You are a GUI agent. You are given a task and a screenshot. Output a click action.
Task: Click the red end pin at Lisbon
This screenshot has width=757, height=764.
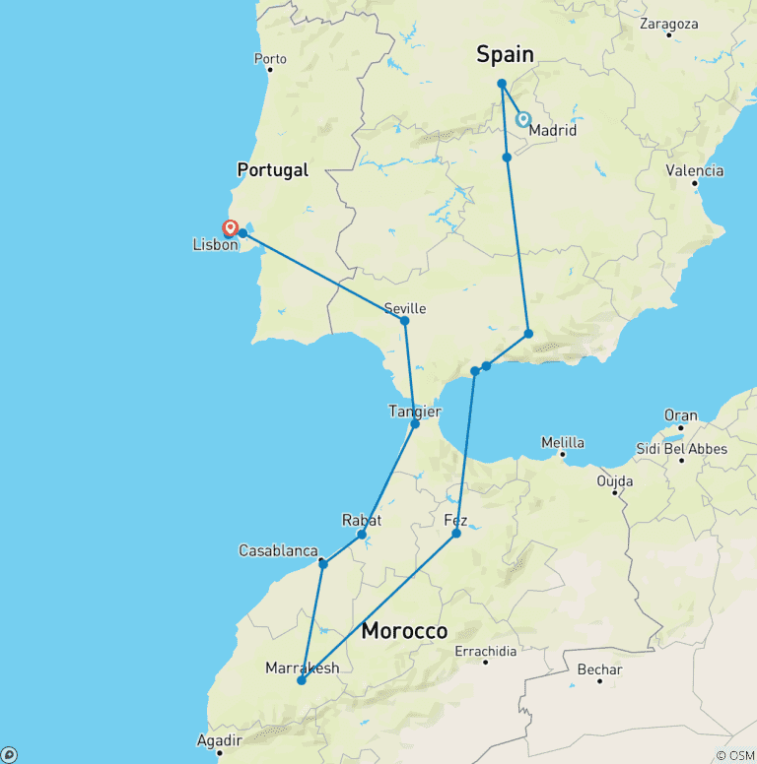(x=231, y=228)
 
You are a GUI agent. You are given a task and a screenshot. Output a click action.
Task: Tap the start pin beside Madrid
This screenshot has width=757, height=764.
(x=523, y=119)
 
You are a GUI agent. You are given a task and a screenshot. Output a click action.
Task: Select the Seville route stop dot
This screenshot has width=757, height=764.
(x=404, y=320)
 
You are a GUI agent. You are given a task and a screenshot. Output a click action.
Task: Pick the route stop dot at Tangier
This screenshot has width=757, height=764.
(x=415, y=423)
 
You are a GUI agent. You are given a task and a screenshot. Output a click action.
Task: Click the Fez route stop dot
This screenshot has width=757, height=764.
(x=456, y=534)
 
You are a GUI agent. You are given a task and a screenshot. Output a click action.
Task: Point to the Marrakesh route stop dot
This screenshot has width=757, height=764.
(x=302, y=680)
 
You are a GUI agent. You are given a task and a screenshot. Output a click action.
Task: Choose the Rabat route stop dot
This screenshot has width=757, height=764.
(x=362, y=535)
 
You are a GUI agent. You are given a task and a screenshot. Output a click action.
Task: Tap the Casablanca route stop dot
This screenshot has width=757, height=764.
(x=322, y=564)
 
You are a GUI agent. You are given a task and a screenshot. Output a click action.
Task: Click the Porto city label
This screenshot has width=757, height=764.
(x=270, y=59)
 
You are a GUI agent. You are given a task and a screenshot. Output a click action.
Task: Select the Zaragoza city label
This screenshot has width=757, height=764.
(x=669, y=23)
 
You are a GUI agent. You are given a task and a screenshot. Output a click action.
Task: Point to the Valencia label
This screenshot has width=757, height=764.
(x=695, y=171)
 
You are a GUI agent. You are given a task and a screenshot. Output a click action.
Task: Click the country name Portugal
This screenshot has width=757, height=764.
(x=272, y=170)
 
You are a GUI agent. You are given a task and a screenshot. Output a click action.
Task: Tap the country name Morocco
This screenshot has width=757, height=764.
(x=404, y=631)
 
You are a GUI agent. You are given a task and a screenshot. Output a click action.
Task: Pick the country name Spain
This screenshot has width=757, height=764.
(x=505, y=55)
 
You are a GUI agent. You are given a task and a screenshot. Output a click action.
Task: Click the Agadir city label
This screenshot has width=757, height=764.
(x=220, y=740)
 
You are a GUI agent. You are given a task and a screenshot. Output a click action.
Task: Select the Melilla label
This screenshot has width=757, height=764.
(x=562, y=442)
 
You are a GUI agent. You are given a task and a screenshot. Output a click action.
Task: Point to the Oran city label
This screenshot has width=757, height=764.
(x=680, y=415)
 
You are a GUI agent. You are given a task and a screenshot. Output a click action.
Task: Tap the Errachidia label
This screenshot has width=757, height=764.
(x=486, y=651)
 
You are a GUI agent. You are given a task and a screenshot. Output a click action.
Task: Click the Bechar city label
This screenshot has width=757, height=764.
(x=600, y=670)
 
